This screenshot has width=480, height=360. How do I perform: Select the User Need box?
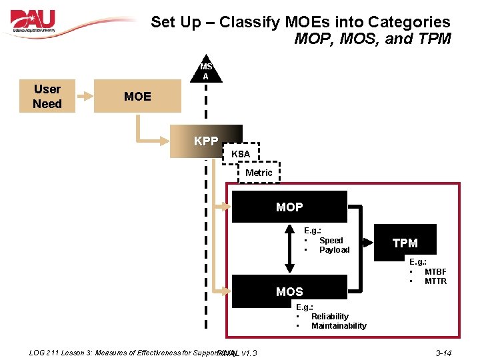[x=47, y=97]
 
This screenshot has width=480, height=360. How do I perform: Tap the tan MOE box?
[x=137, y=97]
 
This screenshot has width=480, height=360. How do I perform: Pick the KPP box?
[x=206, y=141]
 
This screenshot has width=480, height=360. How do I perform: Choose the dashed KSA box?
[x=241, y=154]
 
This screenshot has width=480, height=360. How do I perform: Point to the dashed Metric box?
[x=259, y=173]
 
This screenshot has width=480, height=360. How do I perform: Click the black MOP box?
[x=289, y=207]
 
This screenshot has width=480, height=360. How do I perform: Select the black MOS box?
[x=289, y=291]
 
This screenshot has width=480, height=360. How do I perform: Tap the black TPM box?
[x=405, y=243]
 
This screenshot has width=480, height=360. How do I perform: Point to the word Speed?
[x=331, y=241]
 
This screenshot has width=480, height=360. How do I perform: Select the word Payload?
[x=334, y=250]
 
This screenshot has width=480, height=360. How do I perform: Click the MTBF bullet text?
[x=435, y=272]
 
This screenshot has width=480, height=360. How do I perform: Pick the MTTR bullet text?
[x=435, y=281]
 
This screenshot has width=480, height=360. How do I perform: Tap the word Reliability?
[x=329, y=317]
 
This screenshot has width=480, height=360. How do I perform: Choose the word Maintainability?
[x=339, y=326]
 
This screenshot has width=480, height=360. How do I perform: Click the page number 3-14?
[x=443, y=352]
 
